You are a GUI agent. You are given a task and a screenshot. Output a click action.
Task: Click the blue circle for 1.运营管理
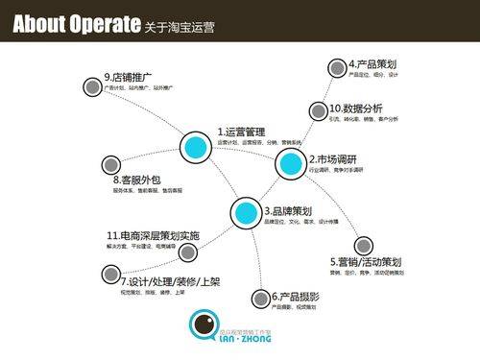coord(196,147)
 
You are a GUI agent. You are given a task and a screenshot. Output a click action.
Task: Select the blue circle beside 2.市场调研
coord(290,164)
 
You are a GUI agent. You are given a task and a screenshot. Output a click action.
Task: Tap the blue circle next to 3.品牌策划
coord(246,211)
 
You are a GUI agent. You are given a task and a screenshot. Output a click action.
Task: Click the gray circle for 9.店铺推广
coord(91,86)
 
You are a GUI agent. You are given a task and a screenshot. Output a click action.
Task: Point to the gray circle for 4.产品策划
coord(337,67)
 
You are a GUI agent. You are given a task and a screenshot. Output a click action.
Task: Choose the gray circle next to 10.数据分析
coord(319,109)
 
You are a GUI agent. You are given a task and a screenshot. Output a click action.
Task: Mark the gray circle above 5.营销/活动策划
coord(363,246)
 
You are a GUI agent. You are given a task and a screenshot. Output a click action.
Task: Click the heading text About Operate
coord(71,25)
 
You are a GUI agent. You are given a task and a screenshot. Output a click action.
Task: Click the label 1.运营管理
coord(241,132)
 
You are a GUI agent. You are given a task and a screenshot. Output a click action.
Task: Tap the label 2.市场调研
coord(333,158)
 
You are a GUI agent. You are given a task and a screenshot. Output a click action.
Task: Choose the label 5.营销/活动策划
coord(366,262)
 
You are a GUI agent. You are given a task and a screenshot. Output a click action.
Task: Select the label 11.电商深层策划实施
coord(153,235)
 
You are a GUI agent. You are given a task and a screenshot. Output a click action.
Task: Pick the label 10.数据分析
coord(356,108)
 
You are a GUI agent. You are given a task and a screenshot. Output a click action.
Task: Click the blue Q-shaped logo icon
coord(204,327)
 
